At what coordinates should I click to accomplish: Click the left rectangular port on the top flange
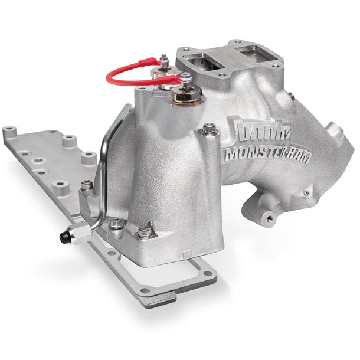[201, 60]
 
